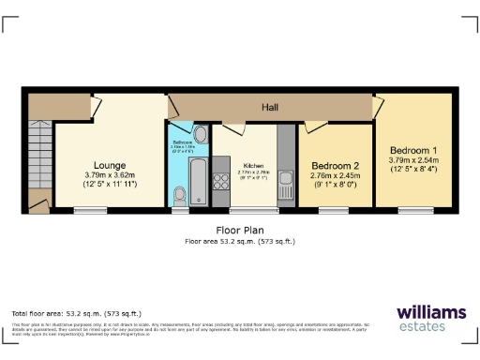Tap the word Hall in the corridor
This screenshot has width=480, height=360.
pos(270,108)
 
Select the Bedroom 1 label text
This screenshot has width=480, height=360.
pos(413,151)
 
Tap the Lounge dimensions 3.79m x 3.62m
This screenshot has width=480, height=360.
pos(111,174)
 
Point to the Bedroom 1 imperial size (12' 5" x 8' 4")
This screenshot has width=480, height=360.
pos(413,169)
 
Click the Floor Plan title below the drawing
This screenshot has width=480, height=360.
pos(240,229)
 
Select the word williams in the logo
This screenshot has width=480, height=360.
pos(429,313)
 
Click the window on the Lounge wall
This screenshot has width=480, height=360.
pos(109,208)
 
